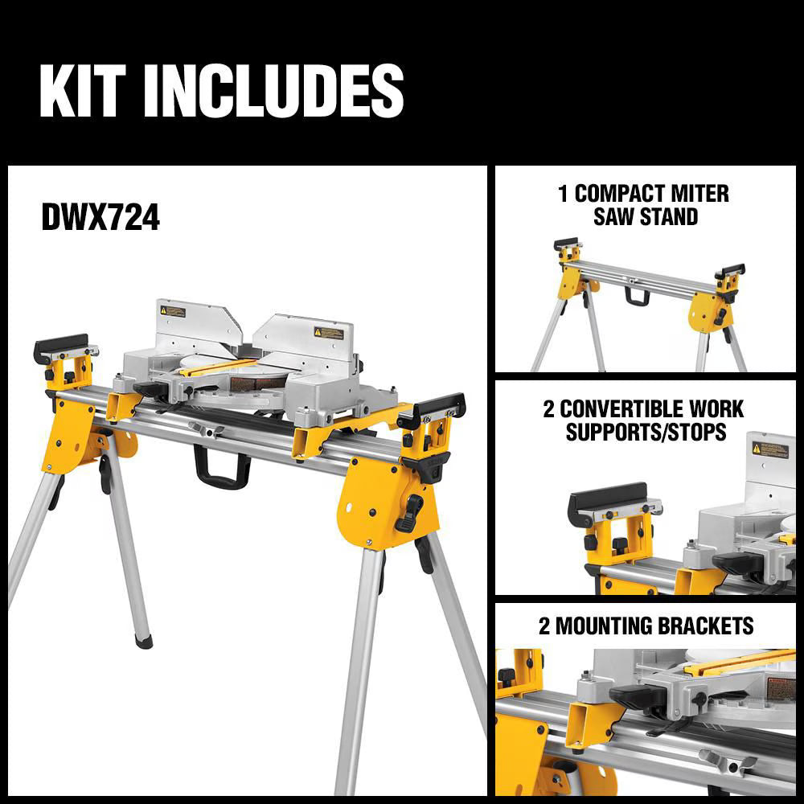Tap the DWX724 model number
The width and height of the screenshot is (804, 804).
click(100, 218)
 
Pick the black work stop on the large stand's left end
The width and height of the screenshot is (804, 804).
click(60, 347)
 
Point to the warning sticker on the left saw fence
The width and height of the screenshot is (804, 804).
click(171, 310)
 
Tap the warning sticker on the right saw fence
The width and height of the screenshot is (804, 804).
click(328, 332)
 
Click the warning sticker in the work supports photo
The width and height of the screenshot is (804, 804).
click(769, 449)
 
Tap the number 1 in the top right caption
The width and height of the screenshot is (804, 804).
click(563, 194)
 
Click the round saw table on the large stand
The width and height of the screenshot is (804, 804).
click(241, 382)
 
